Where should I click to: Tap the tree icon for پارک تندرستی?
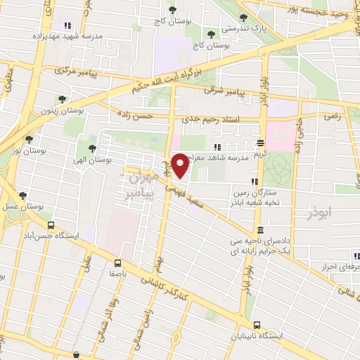pos(243,18)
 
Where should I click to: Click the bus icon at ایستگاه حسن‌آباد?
pos(51,225)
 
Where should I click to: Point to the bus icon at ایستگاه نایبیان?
pos(257,325)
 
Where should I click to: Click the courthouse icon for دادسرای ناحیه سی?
pos(260,230)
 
